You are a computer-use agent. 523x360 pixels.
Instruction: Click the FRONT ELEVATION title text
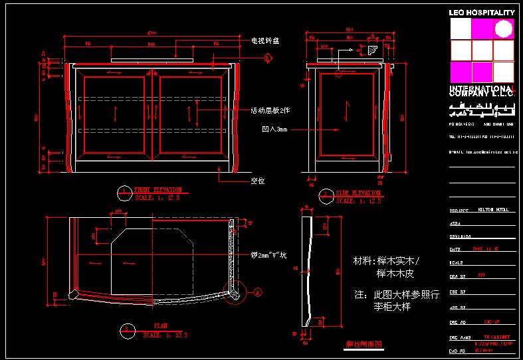coord(157,190)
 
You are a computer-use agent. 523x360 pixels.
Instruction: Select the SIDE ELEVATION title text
coord(358,193)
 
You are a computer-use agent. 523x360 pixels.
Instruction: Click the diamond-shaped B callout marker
coord(268,58)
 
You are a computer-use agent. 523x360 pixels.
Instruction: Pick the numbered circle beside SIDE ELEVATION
coord(326,196)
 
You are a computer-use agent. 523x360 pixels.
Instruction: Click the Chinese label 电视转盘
coord(264,41)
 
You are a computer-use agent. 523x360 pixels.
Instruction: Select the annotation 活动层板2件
coord(270,110)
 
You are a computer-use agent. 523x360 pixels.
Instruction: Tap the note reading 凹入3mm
coord(274,130)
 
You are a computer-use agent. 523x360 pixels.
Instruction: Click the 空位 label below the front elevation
coord(258,180)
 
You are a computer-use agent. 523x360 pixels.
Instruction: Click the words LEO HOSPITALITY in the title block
coord(482,13)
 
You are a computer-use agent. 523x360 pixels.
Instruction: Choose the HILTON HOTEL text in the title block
coord(492,209)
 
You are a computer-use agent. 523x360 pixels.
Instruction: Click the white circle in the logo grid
coord(504,29)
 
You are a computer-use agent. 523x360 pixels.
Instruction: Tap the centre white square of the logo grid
coord(482,50)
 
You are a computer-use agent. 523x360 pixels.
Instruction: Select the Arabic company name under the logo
coord(482,108)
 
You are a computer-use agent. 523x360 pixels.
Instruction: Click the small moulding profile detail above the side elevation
coord(371,50)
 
